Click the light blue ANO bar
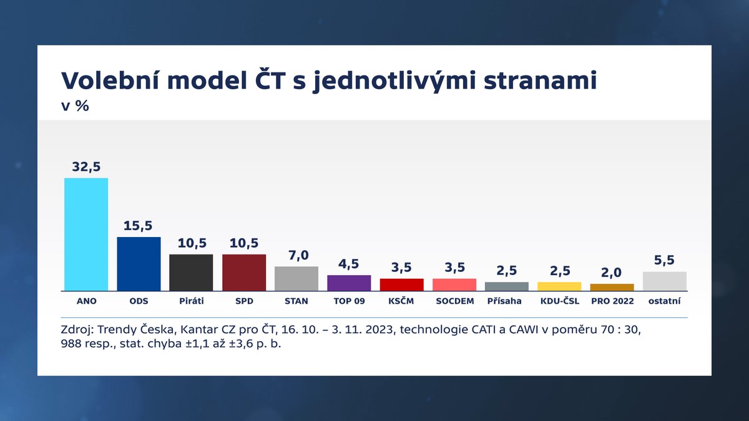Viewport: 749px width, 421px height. [x=86, y=234]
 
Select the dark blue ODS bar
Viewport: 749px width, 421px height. [x=139, y=263]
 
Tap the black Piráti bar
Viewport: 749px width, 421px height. [x=191, y=272]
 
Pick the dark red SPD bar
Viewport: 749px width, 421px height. [x=244, y=272]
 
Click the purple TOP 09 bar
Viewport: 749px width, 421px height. [x=349, y=283]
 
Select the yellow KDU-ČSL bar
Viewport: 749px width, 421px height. [x=559, y=286]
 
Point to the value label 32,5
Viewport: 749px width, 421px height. [x=86, y=167]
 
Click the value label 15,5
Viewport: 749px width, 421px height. [x=139, y=225]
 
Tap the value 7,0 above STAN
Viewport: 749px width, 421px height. [x=296, y=255]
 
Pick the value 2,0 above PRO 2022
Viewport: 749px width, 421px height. [x=612, y=273]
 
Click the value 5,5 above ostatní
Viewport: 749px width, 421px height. [x=664, y=260]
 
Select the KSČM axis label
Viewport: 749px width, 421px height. [x=401, y=301]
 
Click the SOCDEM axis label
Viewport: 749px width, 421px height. [x=454, y=301]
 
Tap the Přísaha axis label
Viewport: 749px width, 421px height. [x=506, y=301]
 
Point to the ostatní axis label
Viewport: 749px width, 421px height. [x=664, y=301]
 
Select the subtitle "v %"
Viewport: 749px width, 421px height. [x=74, y=105]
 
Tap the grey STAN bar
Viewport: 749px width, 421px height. [x=296, y=278]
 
